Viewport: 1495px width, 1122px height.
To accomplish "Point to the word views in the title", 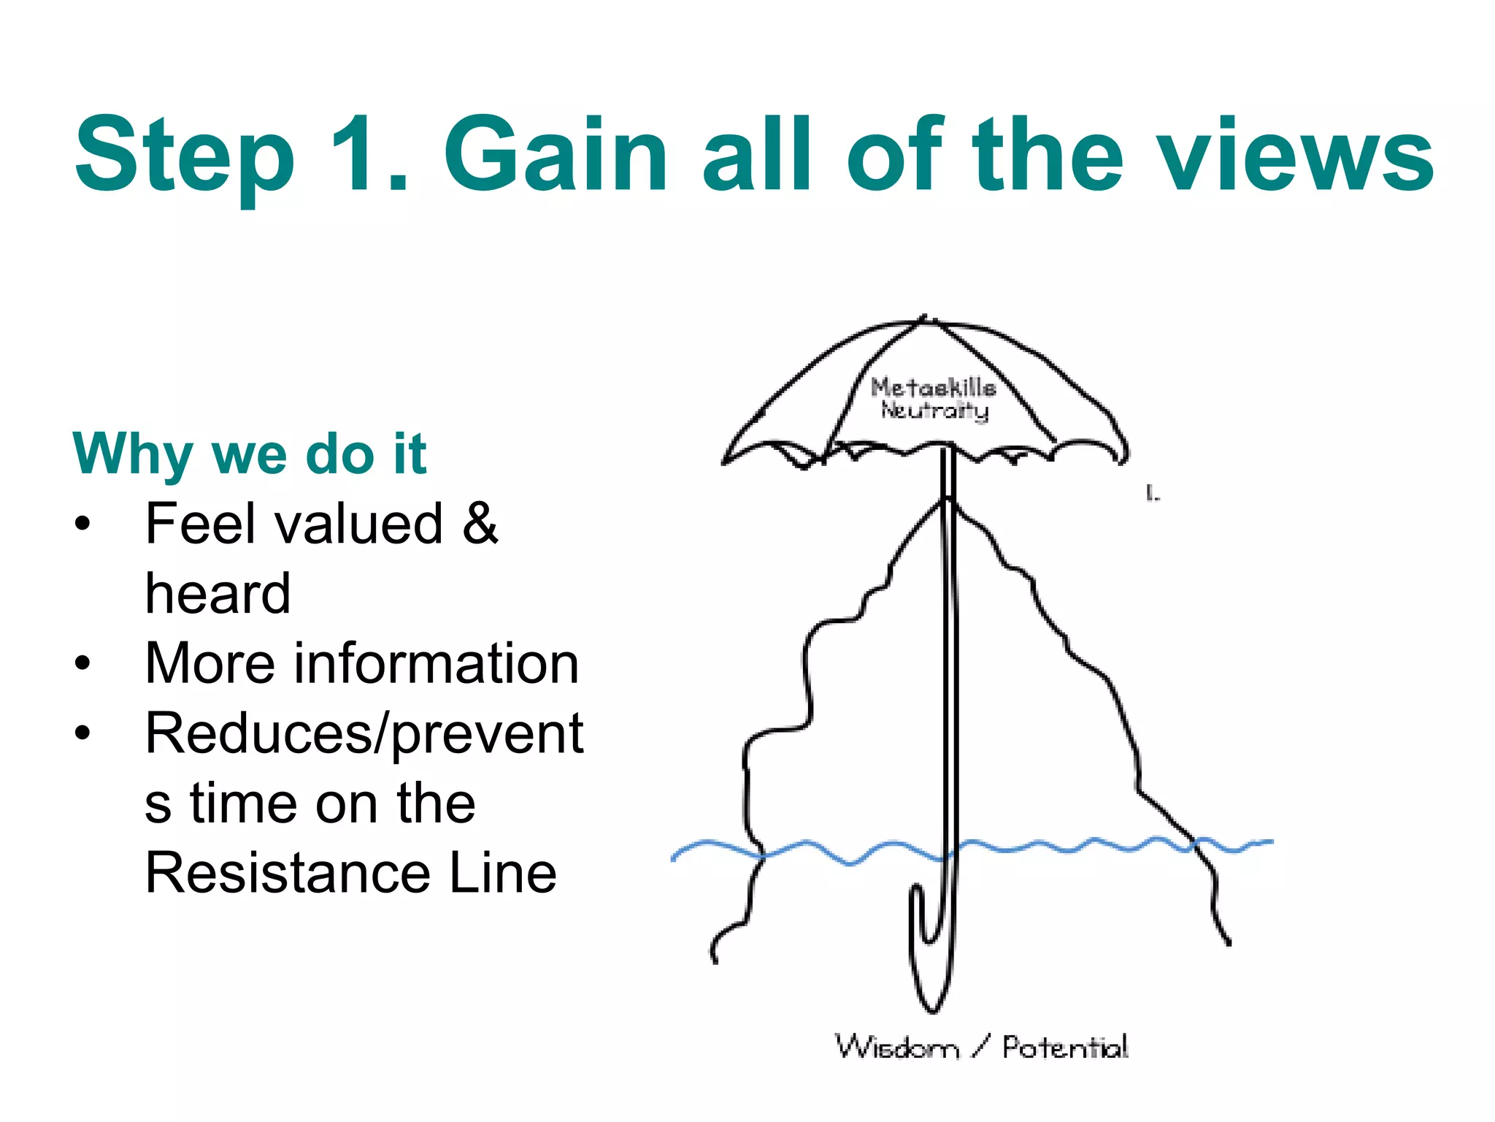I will pos(1296,155).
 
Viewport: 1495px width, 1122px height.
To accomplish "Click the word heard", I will pos(218,593).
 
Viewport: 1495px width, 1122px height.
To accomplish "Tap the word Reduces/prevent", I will pos(364,733).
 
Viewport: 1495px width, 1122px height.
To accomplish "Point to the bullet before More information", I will pos(82,663).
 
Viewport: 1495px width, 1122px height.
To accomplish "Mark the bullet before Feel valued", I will pos(82,523).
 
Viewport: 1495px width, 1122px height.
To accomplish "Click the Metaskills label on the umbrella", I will pos(933,387).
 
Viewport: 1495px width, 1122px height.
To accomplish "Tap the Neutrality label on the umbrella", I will pos(934,410).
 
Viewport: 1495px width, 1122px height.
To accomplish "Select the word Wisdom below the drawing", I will pos(896,1047).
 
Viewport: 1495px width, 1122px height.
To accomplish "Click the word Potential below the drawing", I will pos(1064,1047).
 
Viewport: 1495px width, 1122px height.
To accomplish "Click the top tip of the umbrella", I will pos(924,318).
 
